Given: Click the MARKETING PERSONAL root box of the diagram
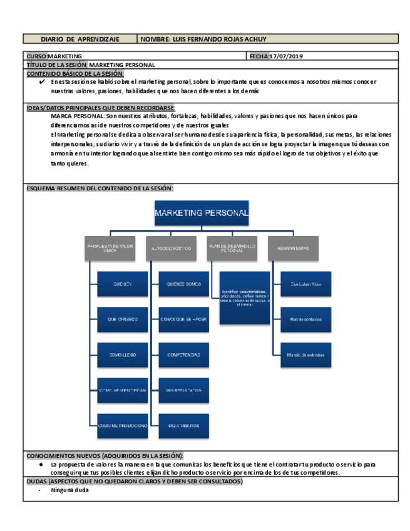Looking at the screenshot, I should point(201,213).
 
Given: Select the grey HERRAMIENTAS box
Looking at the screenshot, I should point(293,248).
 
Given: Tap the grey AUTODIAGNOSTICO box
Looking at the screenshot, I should point(171,248).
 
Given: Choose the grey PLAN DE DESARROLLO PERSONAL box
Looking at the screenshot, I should point(232,248).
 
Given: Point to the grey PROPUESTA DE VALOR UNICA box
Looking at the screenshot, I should point(110,248).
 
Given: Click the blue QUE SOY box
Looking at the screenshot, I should point(123,284).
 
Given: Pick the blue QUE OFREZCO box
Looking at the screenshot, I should point(123,319).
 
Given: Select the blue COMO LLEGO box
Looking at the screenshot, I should point(123,355).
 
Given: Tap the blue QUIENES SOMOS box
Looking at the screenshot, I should point(183,284).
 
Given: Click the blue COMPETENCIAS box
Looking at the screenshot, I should point(183,355).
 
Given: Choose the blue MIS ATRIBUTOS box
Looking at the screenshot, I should point(183,426).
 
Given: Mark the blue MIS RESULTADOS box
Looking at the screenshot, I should point(183,390).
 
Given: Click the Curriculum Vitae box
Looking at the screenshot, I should point(305,284).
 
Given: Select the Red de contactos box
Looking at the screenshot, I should point(305,319).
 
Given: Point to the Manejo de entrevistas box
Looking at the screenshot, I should point(305,355).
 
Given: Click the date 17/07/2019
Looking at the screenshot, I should point(285,56).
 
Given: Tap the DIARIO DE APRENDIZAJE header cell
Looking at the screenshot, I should point(79,39).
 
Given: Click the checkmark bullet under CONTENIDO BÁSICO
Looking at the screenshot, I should point(42,81).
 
